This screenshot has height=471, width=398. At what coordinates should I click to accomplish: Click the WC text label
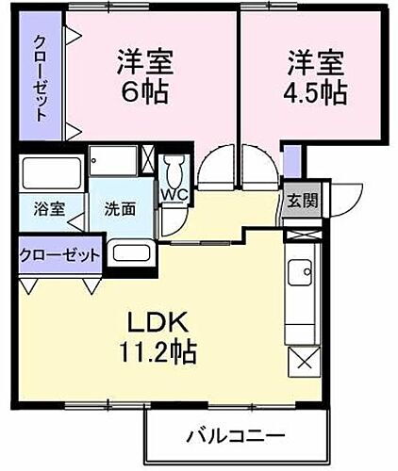point(174,195)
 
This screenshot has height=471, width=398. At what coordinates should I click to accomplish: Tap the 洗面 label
point(119,209)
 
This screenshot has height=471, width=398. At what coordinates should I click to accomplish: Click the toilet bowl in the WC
point(174,171)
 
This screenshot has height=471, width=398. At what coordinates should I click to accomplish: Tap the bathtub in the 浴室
point(52,175)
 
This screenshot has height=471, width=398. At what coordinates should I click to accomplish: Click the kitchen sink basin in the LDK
point(303,274)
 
